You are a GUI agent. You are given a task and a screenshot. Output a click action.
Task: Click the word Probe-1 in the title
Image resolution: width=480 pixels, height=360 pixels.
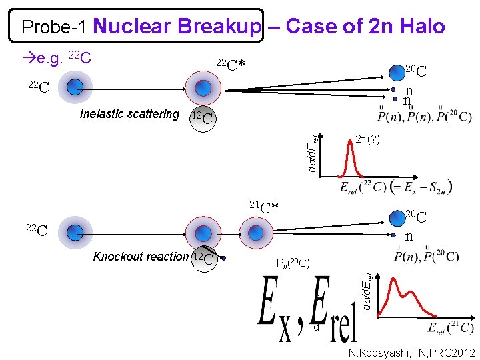point(55,27)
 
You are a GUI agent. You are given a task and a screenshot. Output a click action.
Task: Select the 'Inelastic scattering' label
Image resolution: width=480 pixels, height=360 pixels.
point(129,114)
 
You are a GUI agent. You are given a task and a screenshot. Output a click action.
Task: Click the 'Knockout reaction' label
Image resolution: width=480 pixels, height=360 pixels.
point(141,257)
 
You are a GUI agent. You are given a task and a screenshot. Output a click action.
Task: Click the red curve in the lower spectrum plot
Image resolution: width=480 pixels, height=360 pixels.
point(400,293)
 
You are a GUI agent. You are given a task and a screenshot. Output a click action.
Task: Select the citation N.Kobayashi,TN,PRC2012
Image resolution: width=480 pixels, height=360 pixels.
point(411,352)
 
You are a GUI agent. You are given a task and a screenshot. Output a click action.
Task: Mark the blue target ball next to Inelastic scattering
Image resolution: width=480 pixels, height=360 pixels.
point(203,88)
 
